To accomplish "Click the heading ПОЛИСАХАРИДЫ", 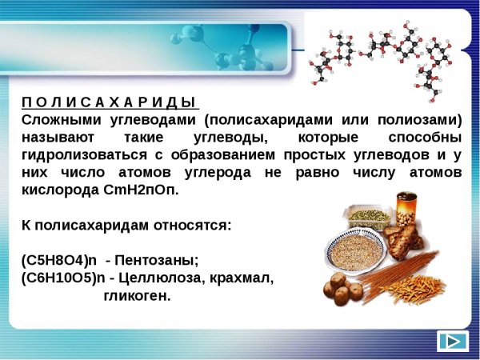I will pyautogui.click(x=109, y=102).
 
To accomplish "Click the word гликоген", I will pyautogui.click(x=137, y=296).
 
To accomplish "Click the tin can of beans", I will pyautogui.click(x=406, y=209).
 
